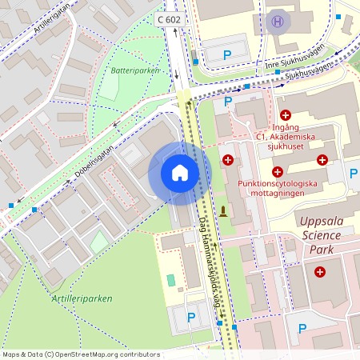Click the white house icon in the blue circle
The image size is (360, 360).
coord(180,172)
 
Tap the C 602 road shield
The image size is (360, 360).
coord(170,18)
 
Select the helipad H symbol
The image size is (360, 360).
coord(278,21)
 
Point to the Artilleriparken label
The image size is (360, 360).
coord(82,298)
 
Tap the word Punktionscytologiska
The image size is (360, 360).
coord(278,183)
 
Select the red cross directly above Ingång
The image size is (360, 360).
coord(286,115)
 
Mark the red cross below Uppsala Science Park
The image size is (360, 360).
coord(321,272)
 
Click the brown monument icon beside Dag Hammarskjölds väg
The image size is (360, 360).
coord(224,212)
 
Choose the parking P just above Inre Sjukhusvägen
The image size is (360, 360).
coord(226,54)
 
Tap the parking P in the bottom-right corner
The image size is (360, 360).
coord(302,328)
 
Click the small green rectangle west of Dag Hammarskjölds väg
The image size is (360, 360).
coord(170,280)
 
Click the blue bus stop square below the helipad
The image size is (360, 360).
coord(278,72)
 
